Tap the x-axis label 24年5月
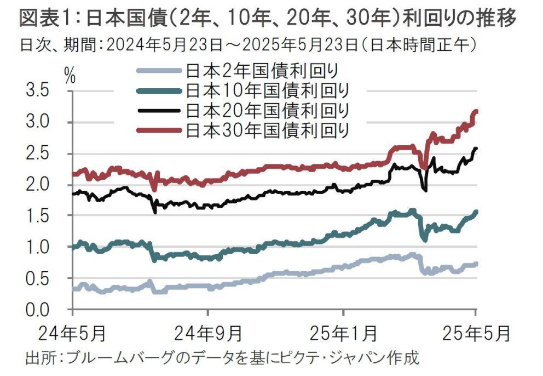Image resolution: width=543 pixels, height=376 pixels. coord(73,332)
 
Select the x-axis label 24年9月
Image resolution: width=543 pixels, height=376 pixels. coord(208,332)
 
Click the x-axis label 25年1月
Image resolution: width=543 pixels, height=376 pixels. coord(344,332)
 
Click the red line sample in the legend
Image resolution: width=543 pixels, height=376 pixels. coord(159,130)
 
